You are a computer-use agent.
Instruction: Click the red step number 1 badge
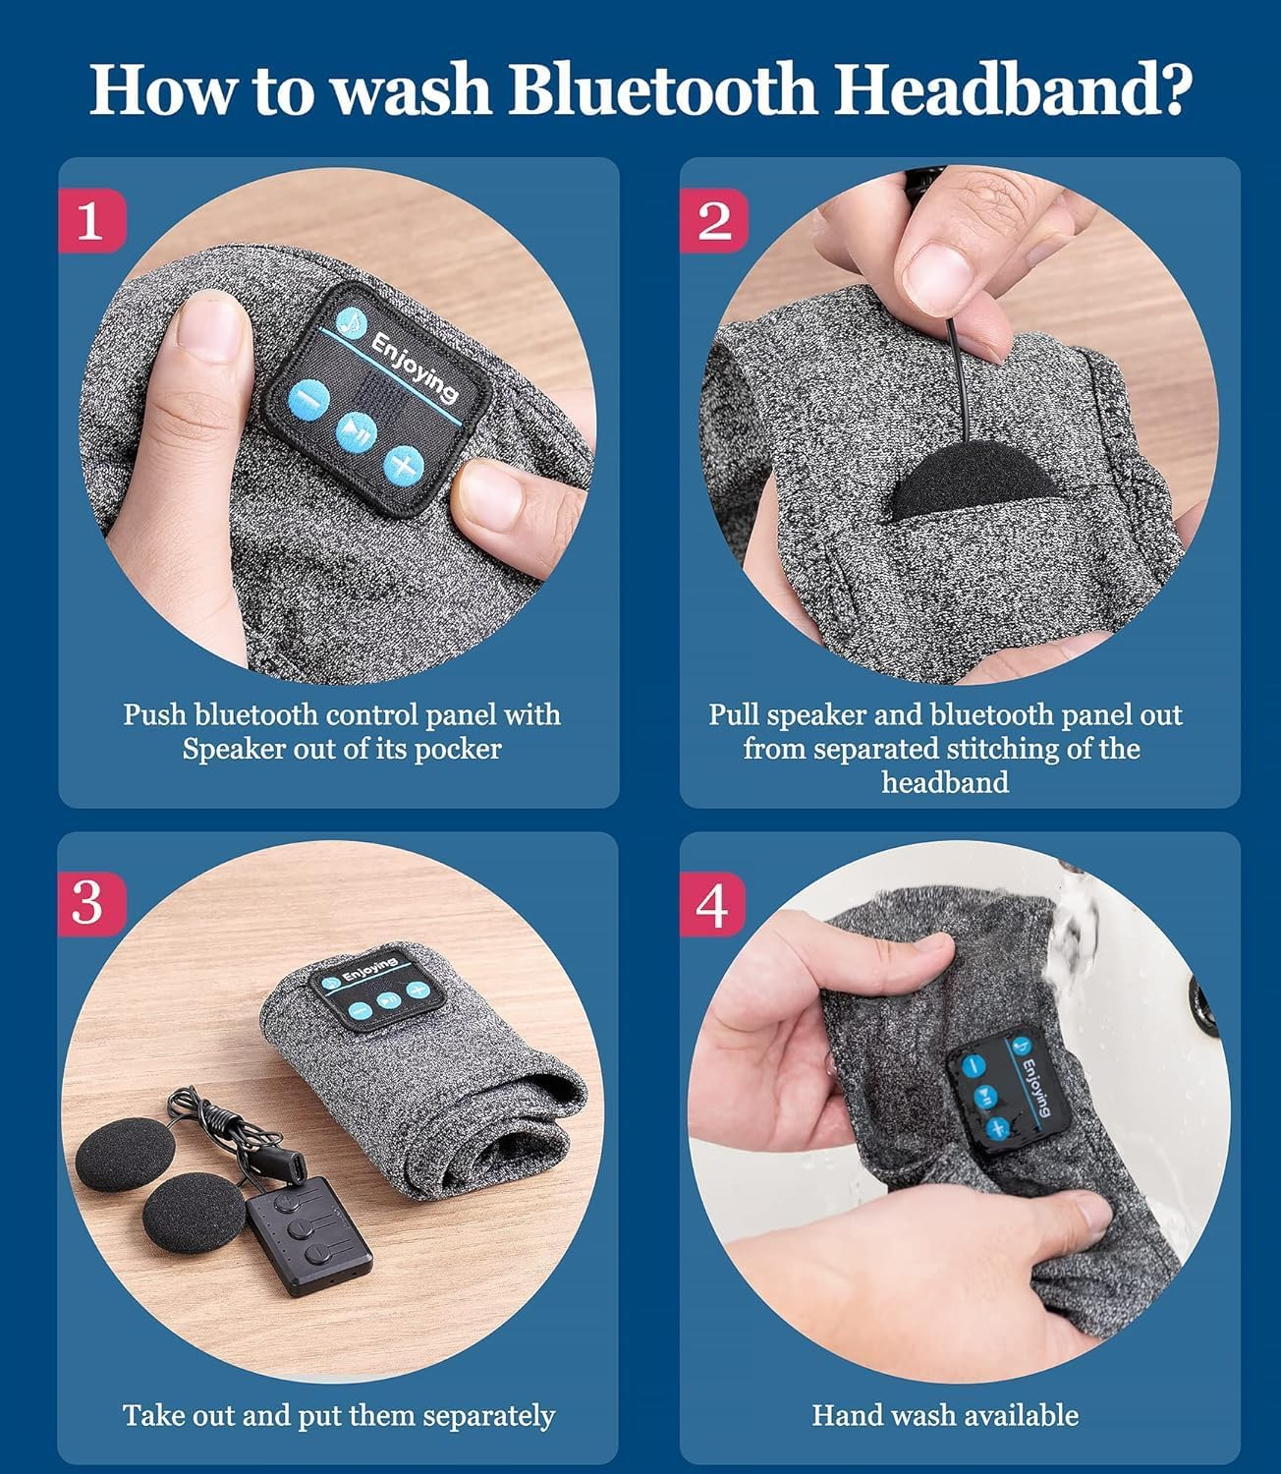tap(92, 220)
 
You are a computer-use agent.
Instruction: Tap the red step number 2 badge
tap(713, 220)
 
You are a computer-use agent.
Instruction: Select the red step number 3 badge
tap(92, 903)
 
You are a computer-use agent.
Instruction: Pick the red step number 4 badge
tap(712, 903)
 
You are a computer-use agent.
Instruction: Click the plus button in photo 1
tap(403, 466)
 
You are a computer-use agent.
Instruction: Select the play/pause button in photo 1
tap(356, 432)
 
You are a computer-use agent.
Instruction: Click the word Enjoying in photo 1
tap(414, 368)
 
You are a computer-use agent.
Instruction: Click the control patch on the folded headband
tap(376, 988)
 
